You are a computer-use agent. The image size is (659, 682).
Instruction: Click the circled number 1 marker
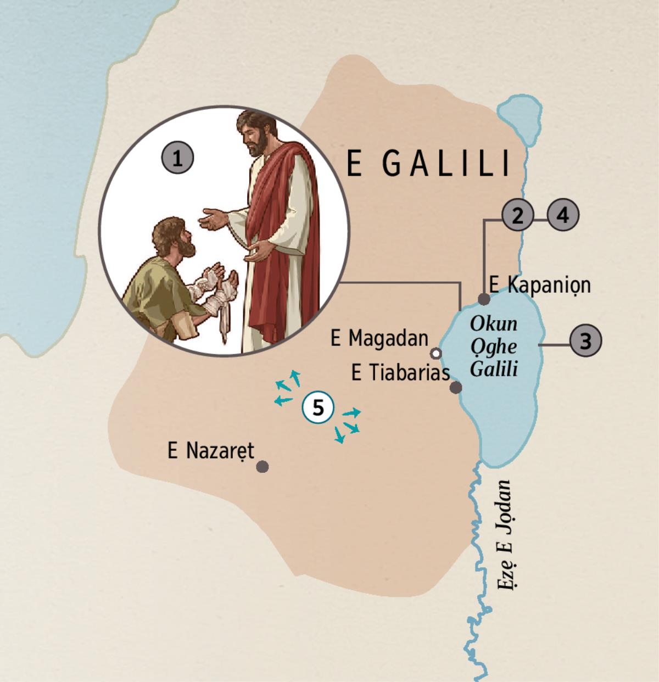pos(177,159)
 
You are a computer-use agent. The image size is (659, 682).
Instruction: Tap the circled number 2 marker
pos(517,215)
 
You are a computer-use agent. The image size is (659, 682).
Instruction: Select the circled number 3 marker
pos(585,341)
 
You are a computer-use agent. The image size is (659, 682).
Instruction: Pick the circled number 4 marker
pos(563,215)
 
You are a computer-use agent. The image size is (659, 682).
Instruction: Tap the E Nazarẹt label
pos(211,451)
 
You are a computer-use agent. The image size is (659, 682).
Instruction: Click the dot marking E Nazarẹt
pos(263,467)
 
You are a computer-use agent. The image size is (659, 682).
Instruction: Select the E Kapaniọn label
pos(540,284)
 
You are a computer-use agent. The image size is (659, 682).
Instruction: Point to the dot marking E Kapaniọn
pos(484,299)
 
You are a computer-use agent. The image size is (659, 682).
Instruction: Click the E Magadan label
pos(379,338)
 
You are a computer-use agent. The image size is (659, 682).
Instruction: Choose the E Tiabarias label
pos(400,373)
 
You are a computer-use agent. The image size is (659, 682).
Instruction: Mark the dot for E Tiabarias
pos(455,388)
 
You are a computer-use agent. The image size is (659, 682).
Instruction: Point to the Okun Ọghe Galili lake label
pos(494,346)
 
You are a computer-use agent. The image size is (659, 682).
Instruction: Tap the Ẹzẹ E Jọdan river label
pos(505,535)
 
